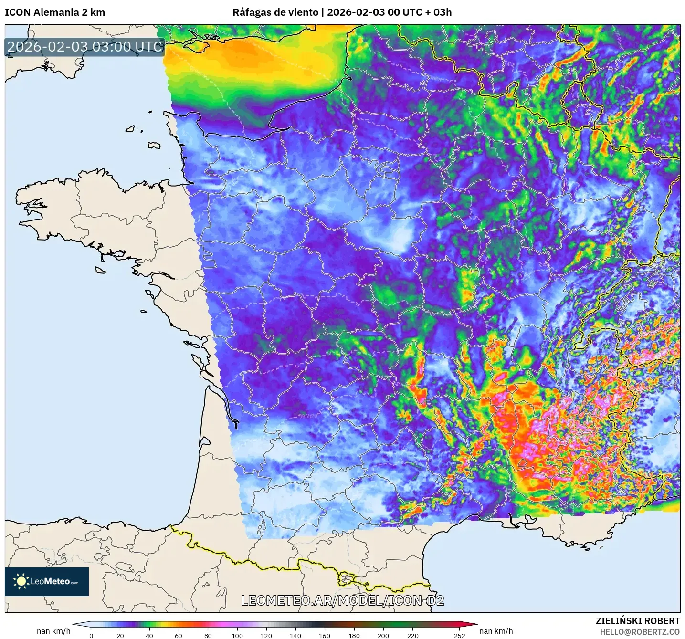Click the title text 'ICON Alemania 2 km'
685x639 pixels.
tap(55, 12)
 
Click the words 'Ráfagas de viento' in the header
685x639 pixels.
tap(275, 12)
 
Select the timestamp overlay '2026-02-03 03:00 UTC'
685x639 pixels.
tap(85, 47)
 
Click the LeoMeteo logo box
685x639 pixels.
tap(47, 581)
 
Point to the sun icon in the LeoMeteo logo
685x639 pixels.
tap(21, 581)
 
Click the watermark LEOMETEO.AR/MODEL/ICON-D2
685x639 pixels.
tap(342, 600)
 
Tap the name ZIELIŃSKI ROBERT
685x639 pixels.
tap(638, 621)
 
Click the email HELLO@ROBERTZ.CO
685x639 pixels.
tap(640, 632)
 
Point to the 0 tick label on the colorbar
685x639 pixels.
tap(91, 635)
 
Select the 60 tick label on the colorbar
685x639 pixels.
tap(179, 635)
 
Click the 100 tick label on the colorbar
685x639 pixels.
tap(237, 635)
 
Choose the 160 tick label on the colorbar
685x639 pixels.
tap(325, 635)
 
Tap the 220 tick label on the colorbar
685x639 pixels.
tap(412, 635)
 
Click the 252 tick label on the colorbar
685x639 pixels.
tap(459, 635)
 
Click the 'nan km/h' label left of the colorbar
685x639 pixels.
tap(53, 631)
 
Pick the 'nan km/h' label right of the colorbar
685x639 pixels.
tap(496, 631)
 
